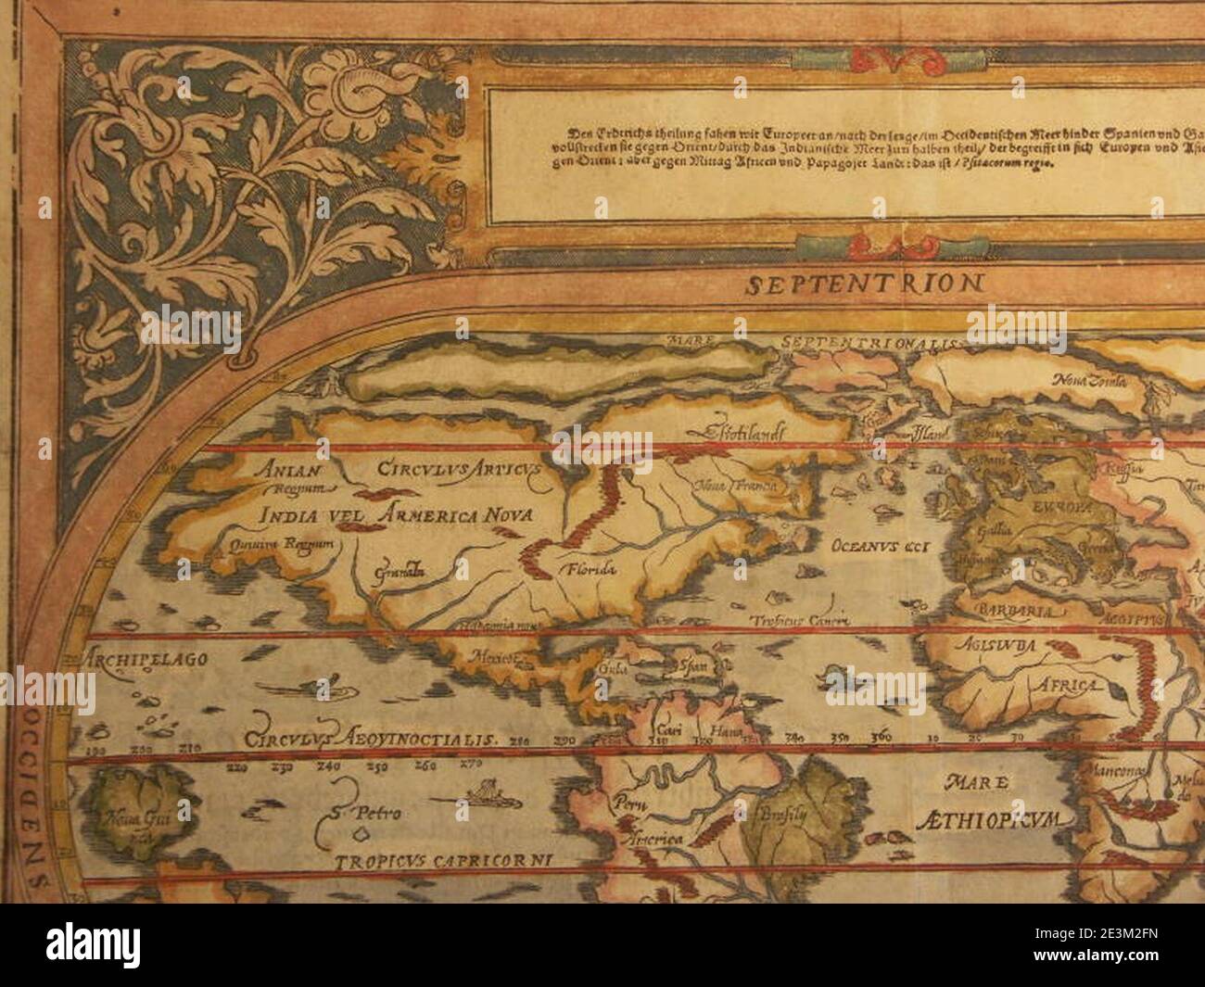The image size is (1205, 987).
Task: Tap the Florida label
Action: click(x=586, y=569)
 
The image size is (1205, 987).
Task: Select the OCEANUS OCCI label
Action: click(x=885, y=543)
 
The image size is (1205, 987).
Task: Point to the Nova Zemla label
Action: click(x=1089, y=380)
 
